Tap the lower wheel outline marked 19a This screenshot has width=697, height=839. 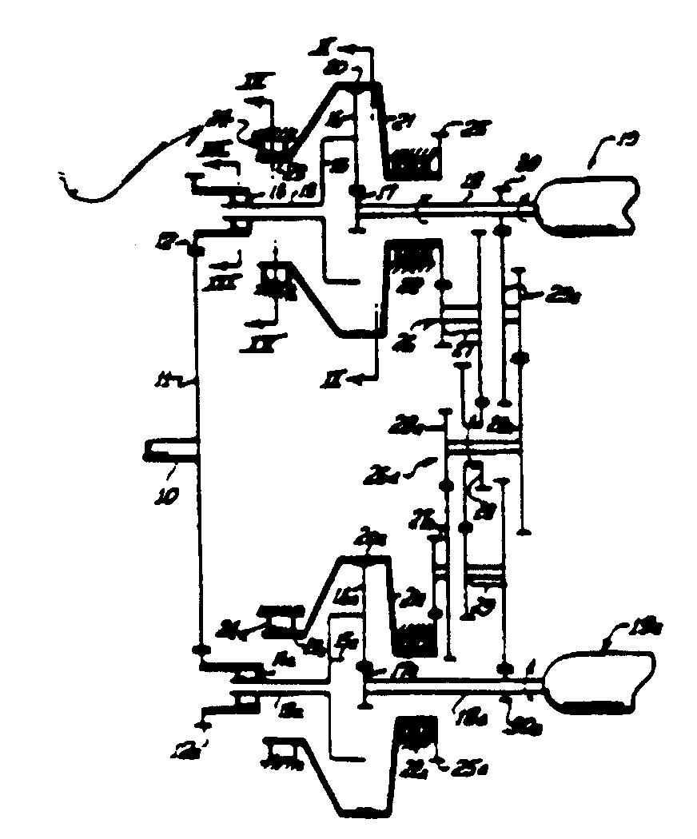(x=600, y=681)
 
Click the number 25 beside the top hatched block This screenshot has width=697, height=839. (x=472, y=130)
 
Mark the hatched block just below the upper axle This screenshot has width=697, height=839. (x=414, y=260)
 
